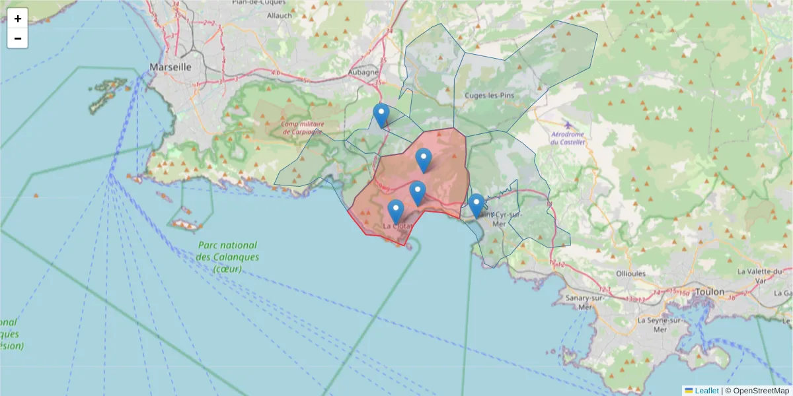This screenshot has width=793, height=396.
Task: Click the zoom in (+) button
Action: [x=18, y=18]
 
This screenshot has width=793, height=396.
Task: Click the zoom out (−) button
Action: [x=18, y=38]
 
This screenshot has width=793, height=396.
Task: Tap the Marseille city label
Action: [x=170, y=67]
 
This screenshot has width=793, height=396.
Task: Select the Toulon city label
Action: [x=709, y=291]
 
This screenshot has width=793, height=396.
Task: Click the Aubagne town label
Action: [x=363, y=73]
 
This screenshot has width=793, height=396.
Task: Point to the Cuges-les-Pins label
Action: [x=489, y=95]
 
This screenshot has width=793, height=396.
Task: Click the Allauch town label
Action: [x=280, y=15]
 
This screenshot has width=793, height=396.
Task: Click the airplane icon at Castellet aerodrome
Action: [x=568, y=125]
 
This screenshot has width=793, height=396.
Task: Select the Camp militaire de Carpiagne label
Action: [x=302, y=127]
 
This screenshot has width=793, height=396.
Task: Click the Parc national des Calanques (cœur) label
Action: [x=228, y=257]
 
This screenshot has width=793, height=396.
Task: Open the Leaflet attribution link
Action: [x=706, y=391]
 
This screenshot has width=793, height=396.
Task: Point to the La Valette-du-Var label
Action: [x=760, y=275]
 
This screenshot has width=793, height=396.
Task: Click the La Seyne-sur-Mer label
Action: [x=658, y=324]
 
